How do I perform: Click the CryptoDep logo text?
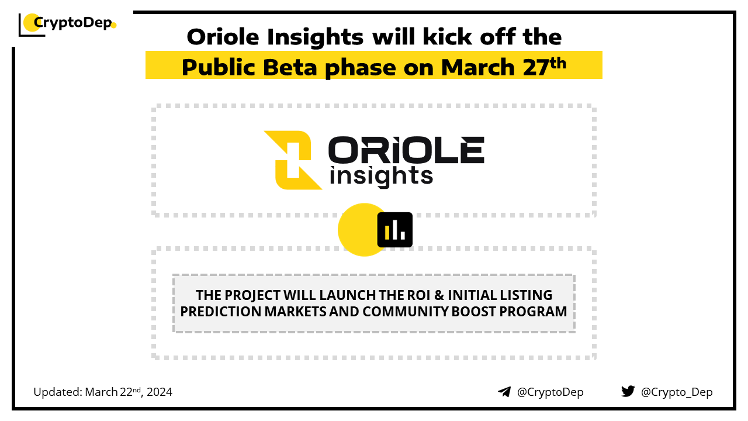[73, 23]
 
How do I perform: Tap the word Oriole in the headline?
[223, 37]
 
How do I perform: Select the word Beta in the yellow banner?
[290, 67]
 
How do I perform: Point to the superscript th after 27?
[557, 63]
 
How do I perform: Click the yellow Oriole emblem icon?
[293, 160]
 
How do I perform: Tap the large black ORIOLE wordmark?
[406, 150]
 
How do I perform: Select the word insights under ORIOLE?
[381, 176]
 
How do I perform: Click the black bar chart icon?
[394, 230]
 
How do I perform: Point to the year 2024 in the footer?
[160, 392]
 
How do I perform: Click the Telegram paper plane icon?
[504, 392]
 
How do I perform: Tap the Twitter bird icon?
[628, 391]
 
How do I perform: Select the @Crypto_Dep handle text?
[677, 392]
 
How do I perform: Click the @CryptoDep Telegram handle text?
[550, 392]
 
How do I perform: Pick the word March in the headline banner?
[478, 67]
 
